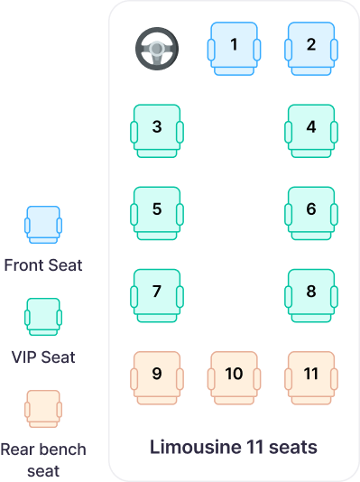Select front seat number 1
tap(234, 45)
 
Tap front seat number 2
tap(311, 45)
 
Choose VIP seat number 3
tap(157, 127)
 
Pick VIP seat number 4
tap(311, 127)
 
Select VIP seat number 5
tap(157, 209)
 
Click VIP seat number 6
tap(311, 209)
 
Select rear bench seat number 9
tap(157, 374)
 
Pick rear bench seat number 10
tap(234, 374)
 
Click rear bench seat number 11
tap(311, 374)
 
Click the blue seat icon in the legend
tap(43, 225)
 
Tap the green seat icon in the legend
tap(43, 317)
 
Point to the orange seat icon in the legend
tap(43, 409)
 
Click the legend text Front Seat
tap(43, 265)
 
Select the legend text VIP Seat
tap(43, 357)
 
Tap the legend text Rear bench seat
tap(43, 459)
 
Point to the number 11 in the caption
tap(255, 447)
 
